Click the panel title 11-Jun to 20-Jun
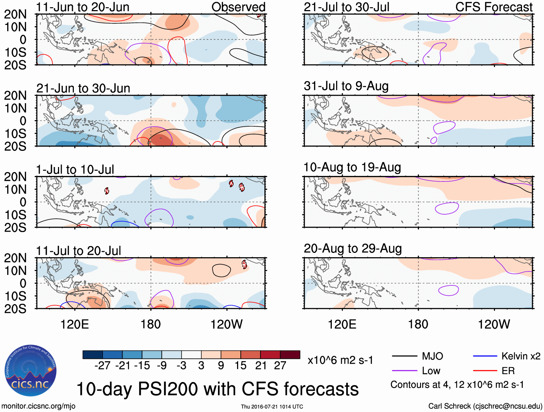coord(83,7)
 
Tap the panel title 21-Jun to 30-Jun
coord(83,88)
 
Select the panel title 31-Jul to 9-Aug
coord(346,86)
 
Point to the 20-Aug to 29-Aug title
coord(353,249)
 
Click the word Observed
coord(238,7)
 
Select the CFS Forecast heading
coord(494,7)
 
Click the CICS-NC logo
coord(31,371)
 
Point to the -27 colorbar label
coord(102,366)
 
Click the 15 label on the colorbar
coord(240,366)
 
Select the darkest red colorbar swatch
coord(290,355)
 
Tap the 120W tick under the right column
coord(494,324)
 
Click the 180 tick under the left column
coord(151,324)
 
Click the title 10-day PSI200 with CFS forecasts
coord(218,389)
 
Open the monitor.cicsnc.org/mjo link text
coord(39,406)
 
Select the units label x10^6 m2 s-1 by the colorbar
coord(340,360)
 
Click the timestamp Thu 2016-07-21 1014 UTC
coord(272,407)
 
